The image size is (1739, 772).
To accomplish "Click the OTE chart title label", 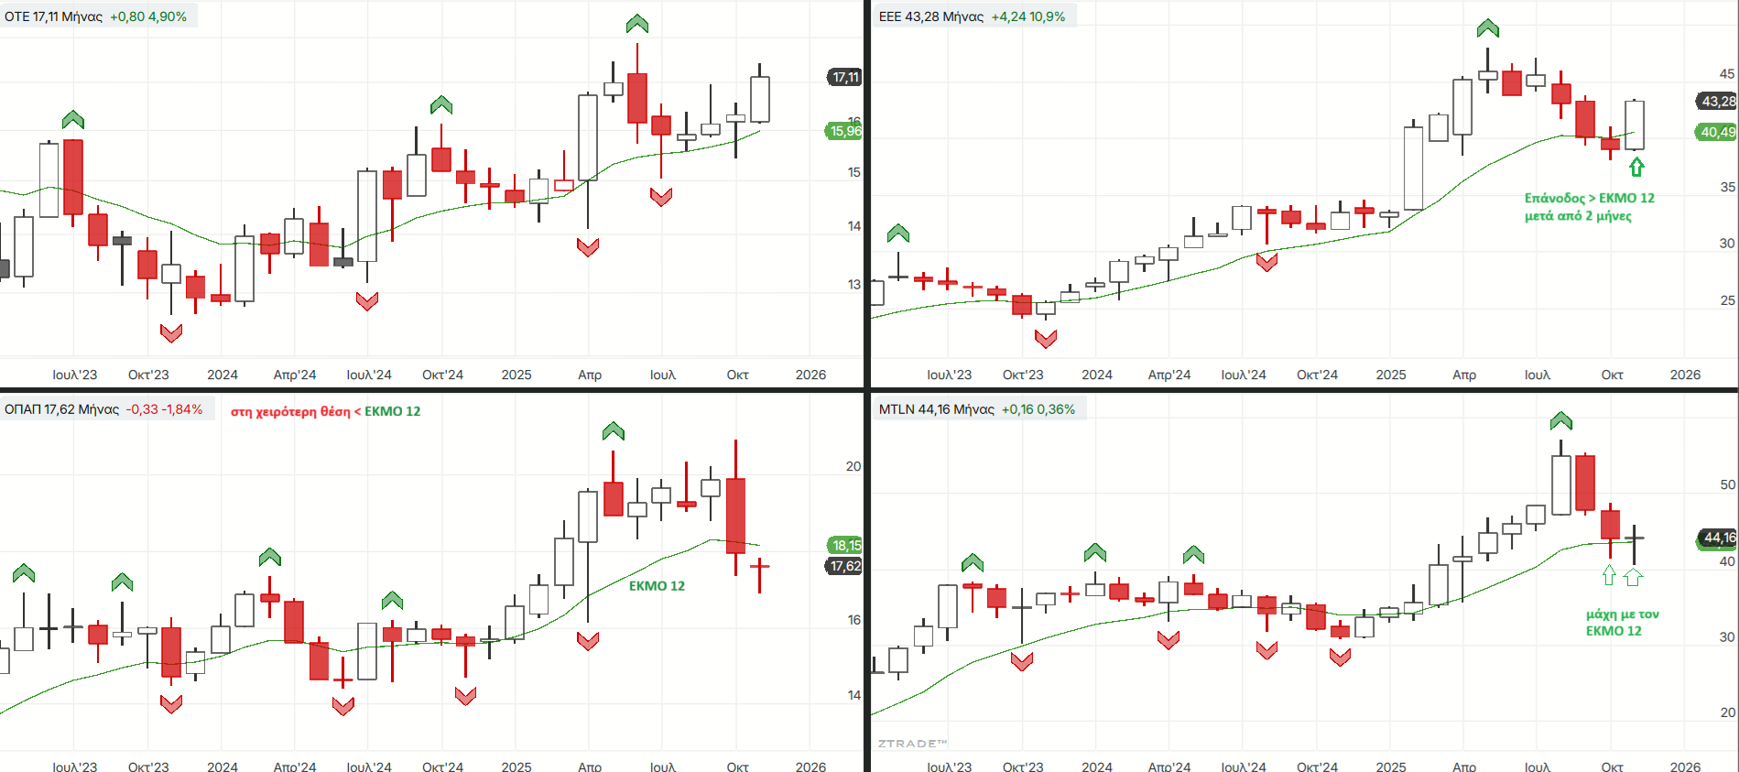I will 53,16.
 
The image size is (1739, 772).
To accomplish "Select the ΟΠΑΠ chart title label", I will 61,409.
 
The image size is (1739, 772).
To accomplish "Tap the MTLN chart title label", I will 936,409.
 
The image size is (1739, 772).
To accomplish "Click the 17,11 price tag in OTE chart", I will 845,77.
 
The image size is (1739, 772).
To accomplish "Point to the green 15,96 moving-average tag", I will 845,131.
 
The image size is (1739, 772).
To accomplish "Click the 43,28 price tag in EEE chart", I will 1718,101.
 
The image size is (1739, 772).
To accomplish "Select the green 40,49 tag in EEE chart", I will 1718,132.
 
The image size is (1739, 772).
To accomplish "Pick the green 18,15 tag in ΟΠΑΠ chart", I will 845,545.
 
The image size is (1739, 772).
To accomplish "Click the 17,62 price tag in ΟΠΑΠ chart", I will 845,566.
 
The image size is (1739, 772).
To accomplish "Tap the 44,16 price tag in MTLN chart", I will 1718,538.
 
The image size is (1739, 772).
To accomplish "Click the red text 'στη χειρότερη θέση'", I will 290,411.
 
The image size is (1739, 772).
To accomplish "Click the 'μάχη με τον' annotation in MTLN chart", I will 1622,614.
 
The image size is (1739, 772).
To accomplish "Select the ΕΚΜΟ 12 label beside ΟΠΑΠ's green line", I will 657,586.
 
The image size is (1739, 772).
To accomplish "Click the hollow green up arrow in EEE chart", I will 1636,167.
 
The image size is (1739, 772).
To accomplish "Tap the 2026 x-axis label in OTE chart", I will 810,375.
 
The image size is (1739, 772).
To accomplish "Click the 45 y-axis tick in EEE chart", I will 1726,74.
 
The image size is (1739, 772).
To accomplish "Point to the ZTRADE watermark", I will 912,744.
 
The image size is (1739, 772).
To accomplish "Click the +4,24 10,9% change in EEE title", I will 1028,16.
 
